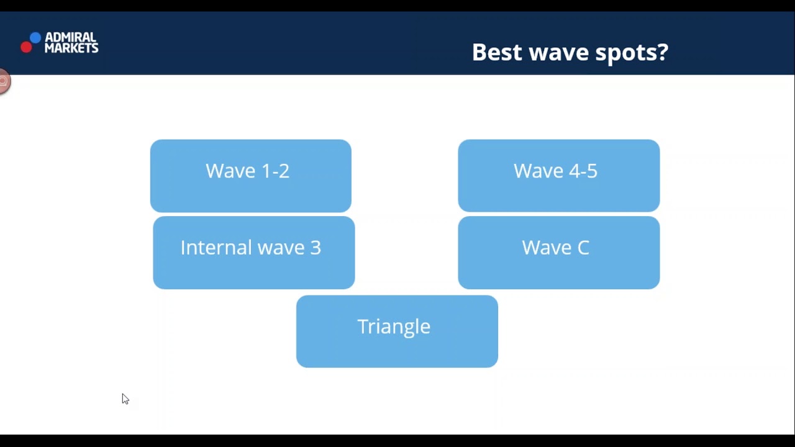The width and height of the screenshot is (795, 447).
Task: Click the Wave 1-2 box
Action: (x=250, y=176)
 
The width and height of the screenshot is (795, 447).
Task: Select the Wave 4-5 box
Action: (x=558, y=176)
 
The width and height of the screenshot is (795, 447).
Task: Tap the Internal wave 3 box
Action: (x=253, y=253)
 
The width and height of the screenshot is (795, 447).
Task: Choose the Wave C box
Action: (x=558, y=253)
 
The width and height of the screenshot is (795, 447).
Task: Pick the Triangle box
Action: (x=397, y=332)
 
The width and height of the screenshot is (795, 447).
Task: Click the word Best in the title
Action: (x=497, y=52)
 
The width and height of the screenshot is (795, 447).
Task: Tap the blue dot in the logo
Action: (x=35, y=38)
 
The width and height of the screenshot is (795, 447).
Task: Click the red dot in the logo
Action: (x=26, y=47)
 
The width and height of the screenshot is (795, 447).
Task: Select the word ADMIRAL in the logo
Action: (x=70, y=38)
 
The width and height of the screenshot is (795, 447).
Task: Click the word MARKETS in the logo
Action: (x=71, y=48)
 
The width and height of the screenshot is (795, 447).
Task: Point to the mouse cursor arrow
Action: (x=124, y=398)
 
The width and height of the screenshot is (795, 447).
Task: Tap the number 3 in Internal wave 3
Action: (x=316, y=247)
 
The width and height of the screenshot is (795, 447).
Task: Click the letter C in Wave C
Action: (x=583, y=247)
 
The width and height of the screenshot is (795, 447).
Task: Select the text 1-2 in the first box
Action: (x=275, y=171)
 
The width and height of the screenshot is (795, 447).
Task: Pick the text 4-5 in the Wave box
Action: (x=583, y=171)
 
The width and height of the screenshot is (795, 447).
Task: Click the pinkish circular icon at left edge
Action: (x=4, y=81)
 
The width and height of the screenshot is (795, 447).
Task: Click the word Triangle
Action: (x=394, y=327)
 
